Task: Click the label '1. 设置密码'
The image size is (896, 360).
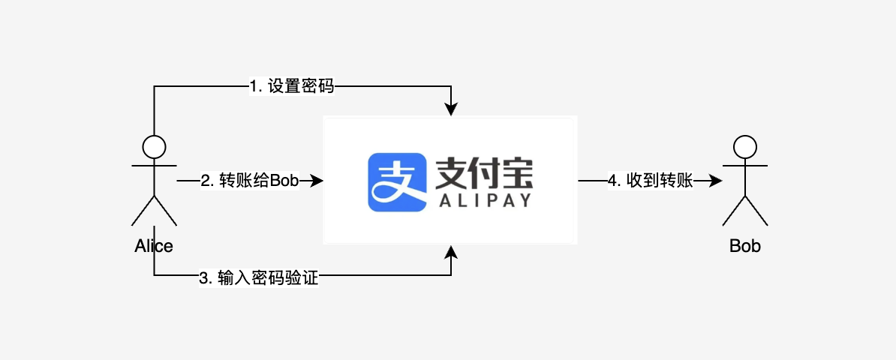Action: (x=291, y=87)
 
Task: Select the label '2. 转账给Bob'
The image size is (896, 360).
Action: (x=249, y=181)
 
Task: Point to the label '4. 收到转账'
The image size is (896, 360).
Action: (x=649, y=181)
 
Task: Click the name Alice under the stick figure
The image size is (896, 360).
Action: (x=153, y=246)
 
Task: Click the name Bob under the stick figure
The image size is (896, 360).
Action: (x=744, y=246)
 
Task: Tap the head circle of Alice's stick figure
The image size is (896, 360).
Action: (x=154, y=145)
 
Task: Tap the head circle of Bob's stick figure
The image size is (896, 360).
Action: (x=744, y=145)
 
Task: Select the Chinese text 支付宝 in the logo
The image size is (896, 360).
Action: (x=483, y=174)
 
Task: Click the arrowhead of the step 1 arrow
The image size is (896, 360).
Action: (x=450, y=109)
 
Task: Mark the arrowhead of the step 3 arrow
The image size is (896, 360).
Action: (x=450, y=251)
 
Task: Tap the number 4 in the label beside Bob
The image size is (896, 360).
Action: (x=612, y=181)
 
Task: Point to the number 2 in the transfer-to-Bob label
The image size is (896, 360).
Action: (x=205, y=181)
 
